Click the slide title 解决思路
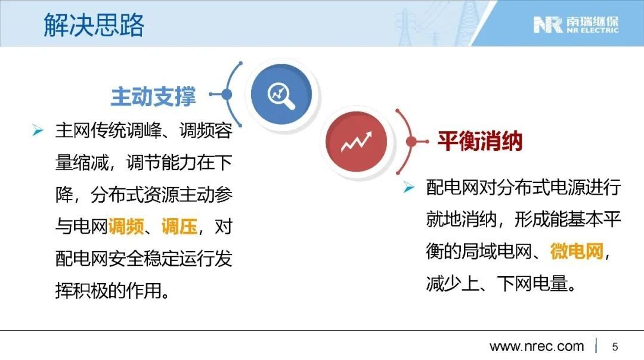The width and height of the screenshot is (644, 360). (x=94, y=25)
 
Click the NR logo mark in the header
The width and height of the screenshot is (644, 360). (x=548, y=24)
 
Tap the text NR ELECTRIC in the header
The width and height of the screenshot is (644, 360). (x=592, y=30)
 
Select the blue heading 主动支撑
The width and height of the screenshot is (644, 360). (x=153, y=97)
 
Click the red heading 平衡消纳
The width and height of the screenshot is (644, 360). (x=479, y=141)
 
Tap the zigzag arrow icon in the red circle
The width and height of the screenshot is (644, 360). (x=356, y=142)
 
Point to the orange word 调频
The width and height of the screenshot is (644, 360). (x=126, y=226)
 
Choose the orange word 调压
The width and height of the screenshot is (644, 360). (x=179, y=226)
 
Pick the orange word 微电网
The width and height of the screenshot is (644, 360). (x=577, y=251)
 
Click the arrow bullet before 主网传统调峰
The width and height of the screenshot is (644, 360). (x=38, y=131)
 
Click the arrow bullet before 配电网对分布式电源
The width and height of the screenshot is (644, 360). (x=408, y=187)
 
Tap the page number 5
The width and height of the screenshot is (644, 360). (x=615, y=346)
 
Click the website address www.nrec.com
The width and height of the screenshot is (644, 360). (x=537, y=346)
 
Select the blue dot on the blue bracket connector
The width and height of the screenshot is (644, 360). (x=227, y=94)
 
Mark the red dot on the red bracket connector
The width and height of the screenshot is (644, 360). (x=411, y=142)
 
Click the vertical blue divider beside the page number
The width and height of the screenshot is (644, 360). (x=596, y=346)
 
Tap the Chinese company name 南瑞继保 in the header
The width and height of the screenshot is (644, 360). (x=592, y=21)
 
